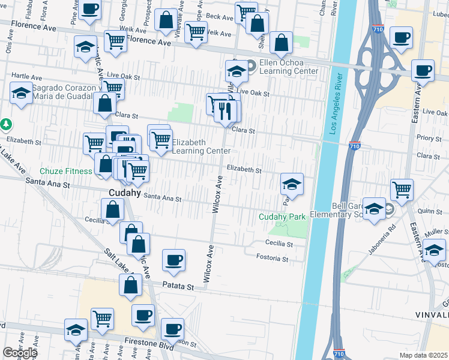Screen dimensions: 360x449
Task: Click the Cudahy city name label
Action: click(125, 193)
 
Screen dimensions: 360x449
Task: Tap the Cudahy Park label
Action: click(283, 217)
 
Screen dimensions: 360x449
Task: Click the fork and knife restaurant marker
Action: click(226, 110)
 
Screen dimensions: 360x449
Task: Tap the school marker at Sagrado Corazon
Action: click(22, 93)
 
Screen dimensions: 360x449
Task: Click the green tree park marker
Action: click(6, 124)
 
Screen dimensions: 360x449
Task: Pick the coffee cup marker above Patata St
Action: click(174, 259)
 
